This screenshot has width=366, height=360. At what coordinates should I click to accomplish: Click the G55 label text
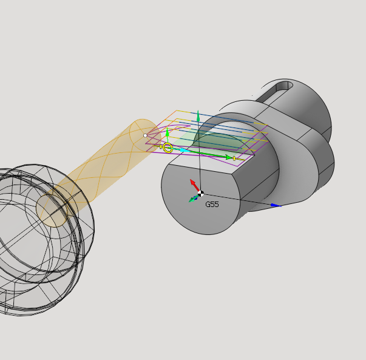(212, 204)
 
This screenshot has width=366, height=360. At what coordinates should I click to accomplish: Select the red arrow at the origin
(195, 185)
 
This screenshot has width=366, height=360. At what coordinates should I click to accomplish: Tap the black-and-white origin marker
(200, 194)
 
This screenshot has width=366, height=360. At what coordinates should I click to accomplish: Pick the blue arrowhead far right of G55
(276, 205)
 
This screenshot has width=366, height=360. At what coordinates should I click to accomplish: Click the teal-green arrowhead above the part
(198, 116)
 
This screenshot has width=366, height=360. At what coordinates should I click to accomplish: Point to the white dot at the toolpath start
(145, 135)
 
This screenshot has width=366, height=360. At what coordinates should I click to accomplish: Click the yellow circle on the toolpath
(168, 148)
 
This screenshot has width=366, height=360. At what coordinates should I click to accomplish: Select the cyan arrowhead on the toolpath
(185, 150)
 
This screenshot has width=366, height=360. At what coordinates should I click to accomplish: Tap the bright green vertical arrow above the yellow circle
(167, 135)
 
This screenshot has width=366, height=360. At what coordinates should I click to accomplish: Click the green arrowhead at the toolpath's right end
(228, 157)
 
